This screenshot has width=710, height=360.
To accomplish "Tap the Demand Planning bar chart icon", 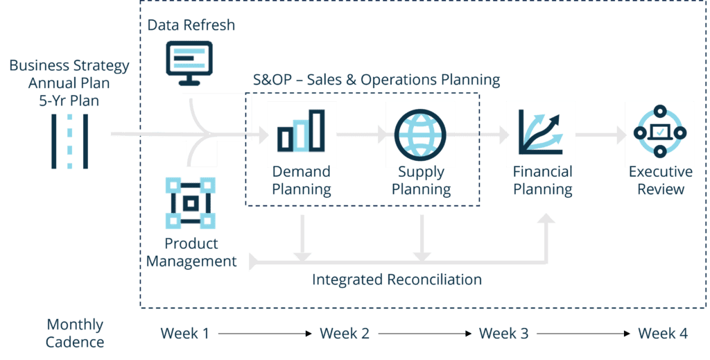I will (302, 131).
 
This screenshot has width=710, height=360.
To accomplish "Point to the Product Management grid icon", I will (191, 203).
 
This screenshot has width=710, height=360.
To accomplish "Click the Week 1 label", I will (185, 334).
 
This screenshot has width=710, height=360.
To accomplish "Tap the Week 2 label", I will (345, 334).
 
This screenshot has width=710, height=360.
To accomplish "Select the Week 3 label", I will (504, 334).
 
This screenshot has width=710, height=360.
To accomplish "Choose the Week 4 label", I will (664, 334).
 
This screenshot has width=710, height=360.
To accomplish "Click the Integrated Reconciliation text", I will (397, 280).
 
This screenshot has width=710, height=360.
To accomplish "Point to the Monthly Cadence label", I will (76, 333).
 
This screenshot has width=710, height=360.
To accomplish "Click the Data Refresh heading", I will (191, 26).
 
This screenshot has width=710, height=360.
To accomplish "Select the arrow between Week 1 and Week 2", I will (265, 334).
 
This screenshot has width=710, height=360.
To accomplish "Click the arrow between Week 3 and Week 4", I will (584, 334).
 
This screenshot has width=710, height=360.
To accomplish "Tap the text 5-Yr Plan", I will (69, 101).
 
